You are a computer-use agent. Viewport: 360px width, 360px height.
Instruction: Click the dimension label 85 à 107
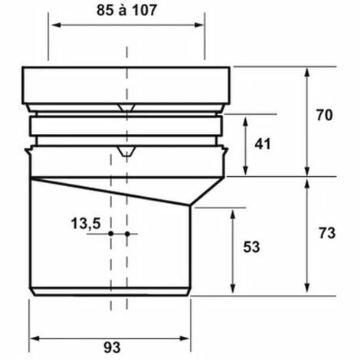tap(126, 11)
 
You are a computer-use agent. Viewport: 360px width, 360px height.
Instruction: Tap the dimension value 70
tap(325, 115)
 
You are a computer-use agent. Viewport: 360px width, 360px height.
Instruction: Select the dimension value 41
tap(263, 144)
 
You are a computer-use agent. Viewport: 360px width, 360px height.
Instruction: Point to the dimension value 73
tap(327, 233)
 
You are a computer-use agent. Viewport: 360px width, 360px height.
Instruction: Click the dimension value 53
tap(251, 247)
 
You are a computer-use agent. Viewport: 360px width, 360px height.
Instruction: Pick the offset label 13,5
tap(86, 224)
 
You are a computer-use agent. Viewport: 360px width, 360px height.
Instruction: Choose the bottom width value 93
tap(112, 348)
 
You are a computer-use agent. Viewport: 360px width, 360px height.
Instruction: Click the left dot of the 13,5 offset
tap(111, 234)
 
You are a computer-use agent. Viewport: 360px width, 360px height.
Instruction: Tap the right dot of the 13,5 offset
tap(127, 234)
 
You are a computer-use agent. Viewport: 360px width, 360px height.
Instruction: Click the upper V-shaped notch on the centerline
tap(126, 108)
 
